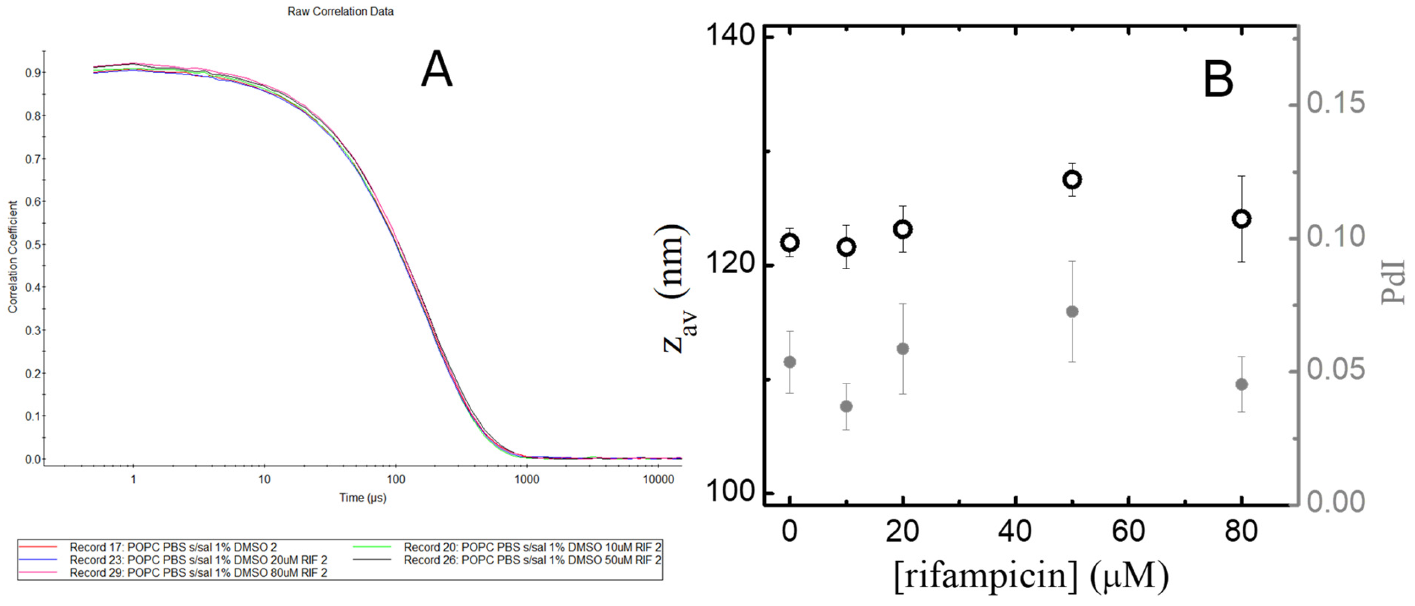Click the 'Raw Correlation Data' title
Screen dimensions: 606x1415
[x=340, y=12]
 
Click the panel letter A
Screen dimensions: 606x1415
[x=437, y=70]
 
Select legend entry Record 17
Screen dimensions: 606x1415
[x=173, y=547]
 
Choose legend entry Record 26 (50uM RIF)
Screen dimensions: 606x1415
[x=532, y=560]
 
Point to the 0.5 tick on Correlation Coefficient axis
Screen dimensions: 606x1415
[x=33, y=244]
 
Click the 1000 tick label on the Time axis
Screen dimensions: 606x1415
[x=526, y=479]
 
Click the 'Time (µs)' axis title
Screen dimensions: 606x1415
[x=363, y=498]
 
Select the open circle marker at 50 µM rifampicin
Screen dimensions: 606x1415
[x=1072, y=180]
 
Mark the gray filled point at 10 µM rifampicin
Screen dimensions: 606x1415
[x=847, y=407]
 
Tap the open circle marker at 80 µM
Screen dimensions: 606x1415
[x=1241, y=219]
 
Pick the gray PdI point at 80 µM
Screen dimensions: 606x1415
[x=1241, y=385]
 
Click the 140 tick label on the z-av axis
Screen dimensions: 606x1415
[x=730, y=36]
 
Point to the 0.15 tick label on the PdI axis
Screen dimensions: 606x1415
[x=1335, y=103]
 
